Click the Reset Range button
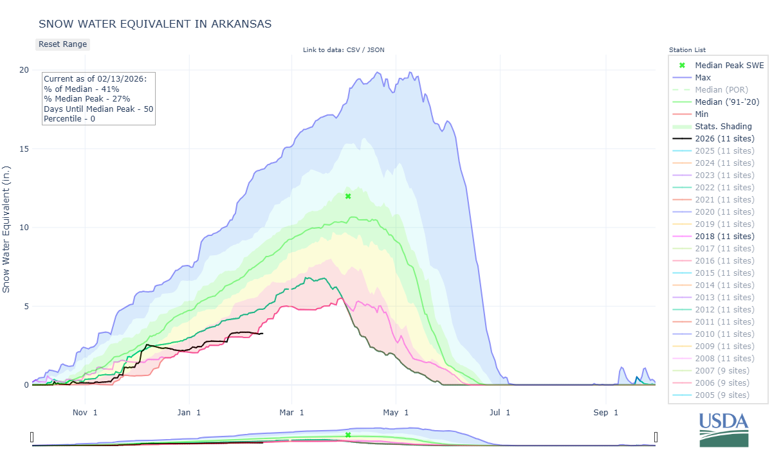pos(62,44)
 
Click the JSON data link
pos(375,50)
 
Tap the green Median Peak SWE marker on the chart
pos(348,196)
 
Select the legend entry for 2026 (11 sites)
pos(724,138)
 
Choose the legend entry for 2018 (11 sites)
pos(724,236)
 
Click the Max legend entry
pos(703,77)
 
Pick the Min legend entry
pos(702,114)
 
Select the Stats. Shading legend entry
pos(723,126)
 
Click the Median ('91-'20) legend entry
pos(727,102)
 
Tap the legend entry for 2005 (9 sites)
pos(722,395)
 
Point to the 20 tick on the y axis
pos(24,70)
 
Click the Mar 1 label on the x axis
pos(292,413)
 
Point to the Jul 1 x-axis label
pos(499,413)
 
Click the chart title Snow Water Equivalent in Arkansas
pos(155,24)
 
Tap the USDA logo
pos(724,428)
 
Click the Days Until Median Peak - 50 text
pos(98,109)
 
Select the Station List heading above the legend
pos(687,50)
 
